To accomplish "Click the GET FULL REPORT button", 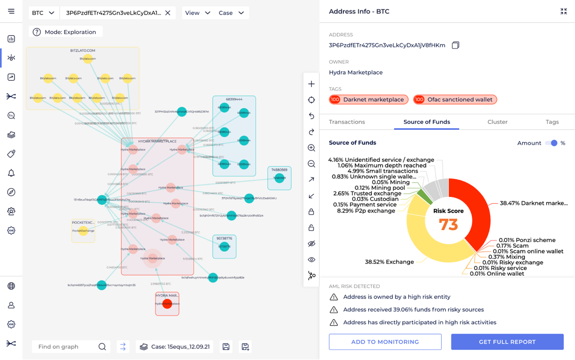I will [507, 342].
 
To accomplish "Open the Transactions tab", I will [346, 122].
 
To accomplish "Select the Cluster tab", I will [497, 122].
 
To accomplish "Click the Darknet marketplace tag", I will [369, 99].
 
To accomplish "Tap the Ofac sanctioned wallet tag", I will [455, 99].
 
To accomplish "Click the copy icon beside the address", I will [455, 46].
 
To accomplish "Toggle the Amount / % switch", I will [552, 143].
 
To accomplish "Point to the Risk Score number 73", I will [448, 224].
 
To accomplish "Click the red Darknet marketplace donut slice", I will [476, 207].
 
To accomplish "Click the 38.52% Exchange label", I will [389, 262].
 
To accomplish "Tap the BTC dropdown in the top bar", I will [43, 13].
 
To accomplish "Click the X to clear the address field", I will [168, 13].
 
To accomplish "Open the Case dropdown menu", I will [231, 13].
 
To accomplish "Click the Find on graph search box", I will [65, 347].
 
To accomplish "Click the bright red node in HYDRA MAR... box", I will [167, 304].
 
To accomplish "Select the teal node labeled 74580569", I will [279, 178].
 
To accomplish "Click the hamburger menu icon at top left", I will [11, 11].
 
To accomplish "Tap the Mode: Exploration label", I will [65, 32].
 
